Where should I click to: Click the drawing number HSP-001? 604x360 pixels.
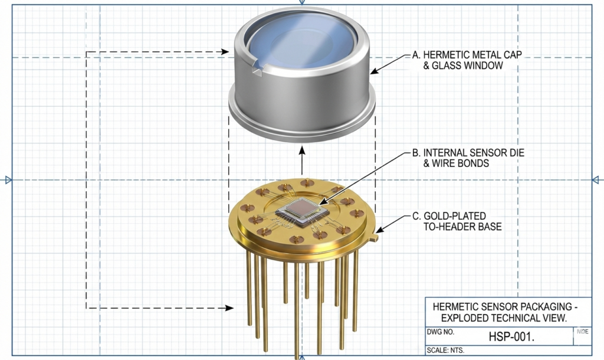[x=511, y=337]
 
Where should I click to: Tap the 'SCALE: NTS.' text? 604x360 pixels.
[x=445, y=351]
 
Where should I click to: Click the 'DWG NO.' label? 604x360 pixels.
[x=439, y=332]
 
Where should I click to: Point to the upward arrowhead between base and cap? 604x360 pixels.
[x=301, y=150]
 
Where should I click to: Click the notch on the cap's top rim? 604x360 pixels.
[x=255, y=69]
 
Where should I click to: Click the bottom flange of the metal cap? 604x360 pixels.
[x=301, y=121]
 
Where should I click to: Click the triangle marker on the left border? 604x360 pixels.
[x=8, y=179]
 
